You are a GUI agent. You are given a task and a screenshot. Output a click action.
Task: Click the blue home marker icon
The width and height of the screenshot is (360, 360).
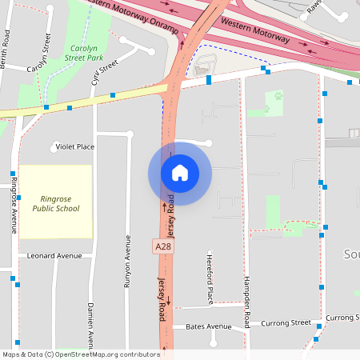180,173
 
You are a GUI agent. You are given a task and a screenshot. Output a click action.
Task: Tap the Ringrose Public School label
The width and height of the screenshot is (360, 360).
56,203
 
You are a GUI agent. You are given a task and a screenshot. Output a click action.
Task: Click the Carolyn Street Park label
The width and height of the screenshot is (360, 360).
84,53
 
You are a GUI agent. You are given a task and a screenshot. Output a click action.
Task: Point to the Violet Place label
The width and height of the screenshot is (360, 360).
74,146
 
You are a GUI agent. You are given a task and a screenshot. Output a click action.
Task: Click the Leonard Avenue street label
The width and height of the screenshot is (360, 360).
54,256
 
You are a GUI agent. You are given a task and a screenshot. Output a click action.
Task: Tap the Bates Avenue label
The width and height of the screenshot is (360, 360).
208,326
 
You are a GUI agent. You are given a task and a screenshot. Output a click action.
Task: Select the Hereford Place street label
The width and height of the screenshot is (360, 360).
210,284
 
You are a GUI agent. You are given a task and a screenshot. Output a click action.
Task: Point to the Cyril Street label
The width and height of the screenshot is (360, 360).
105,71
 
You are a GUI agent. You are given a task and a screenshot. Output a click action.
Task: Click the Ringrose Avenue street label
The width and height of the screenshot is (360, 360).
14,205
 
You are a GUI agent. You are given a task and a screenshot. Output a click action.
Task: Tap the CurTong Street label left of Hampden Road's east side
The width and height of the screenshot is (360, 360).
288,322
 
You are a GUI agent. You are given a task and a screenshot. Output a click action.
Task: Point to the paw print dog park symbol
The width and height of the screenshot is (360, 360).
278,95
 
